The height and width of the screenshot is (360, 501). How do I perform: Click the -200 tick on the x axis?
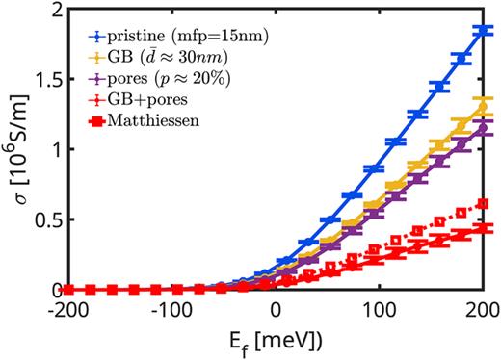click(66, 310)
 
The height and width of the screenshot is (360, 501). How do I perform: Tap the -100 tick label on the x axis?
click(171, 310)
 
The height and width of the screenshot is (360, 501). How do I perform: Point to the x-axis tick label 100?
click(380, 310)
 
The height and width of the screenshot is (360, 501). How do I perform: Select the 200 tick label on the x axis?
click(483, 310)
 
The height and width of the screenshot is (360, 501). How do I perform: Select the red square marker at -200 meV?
click(66, 289)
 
